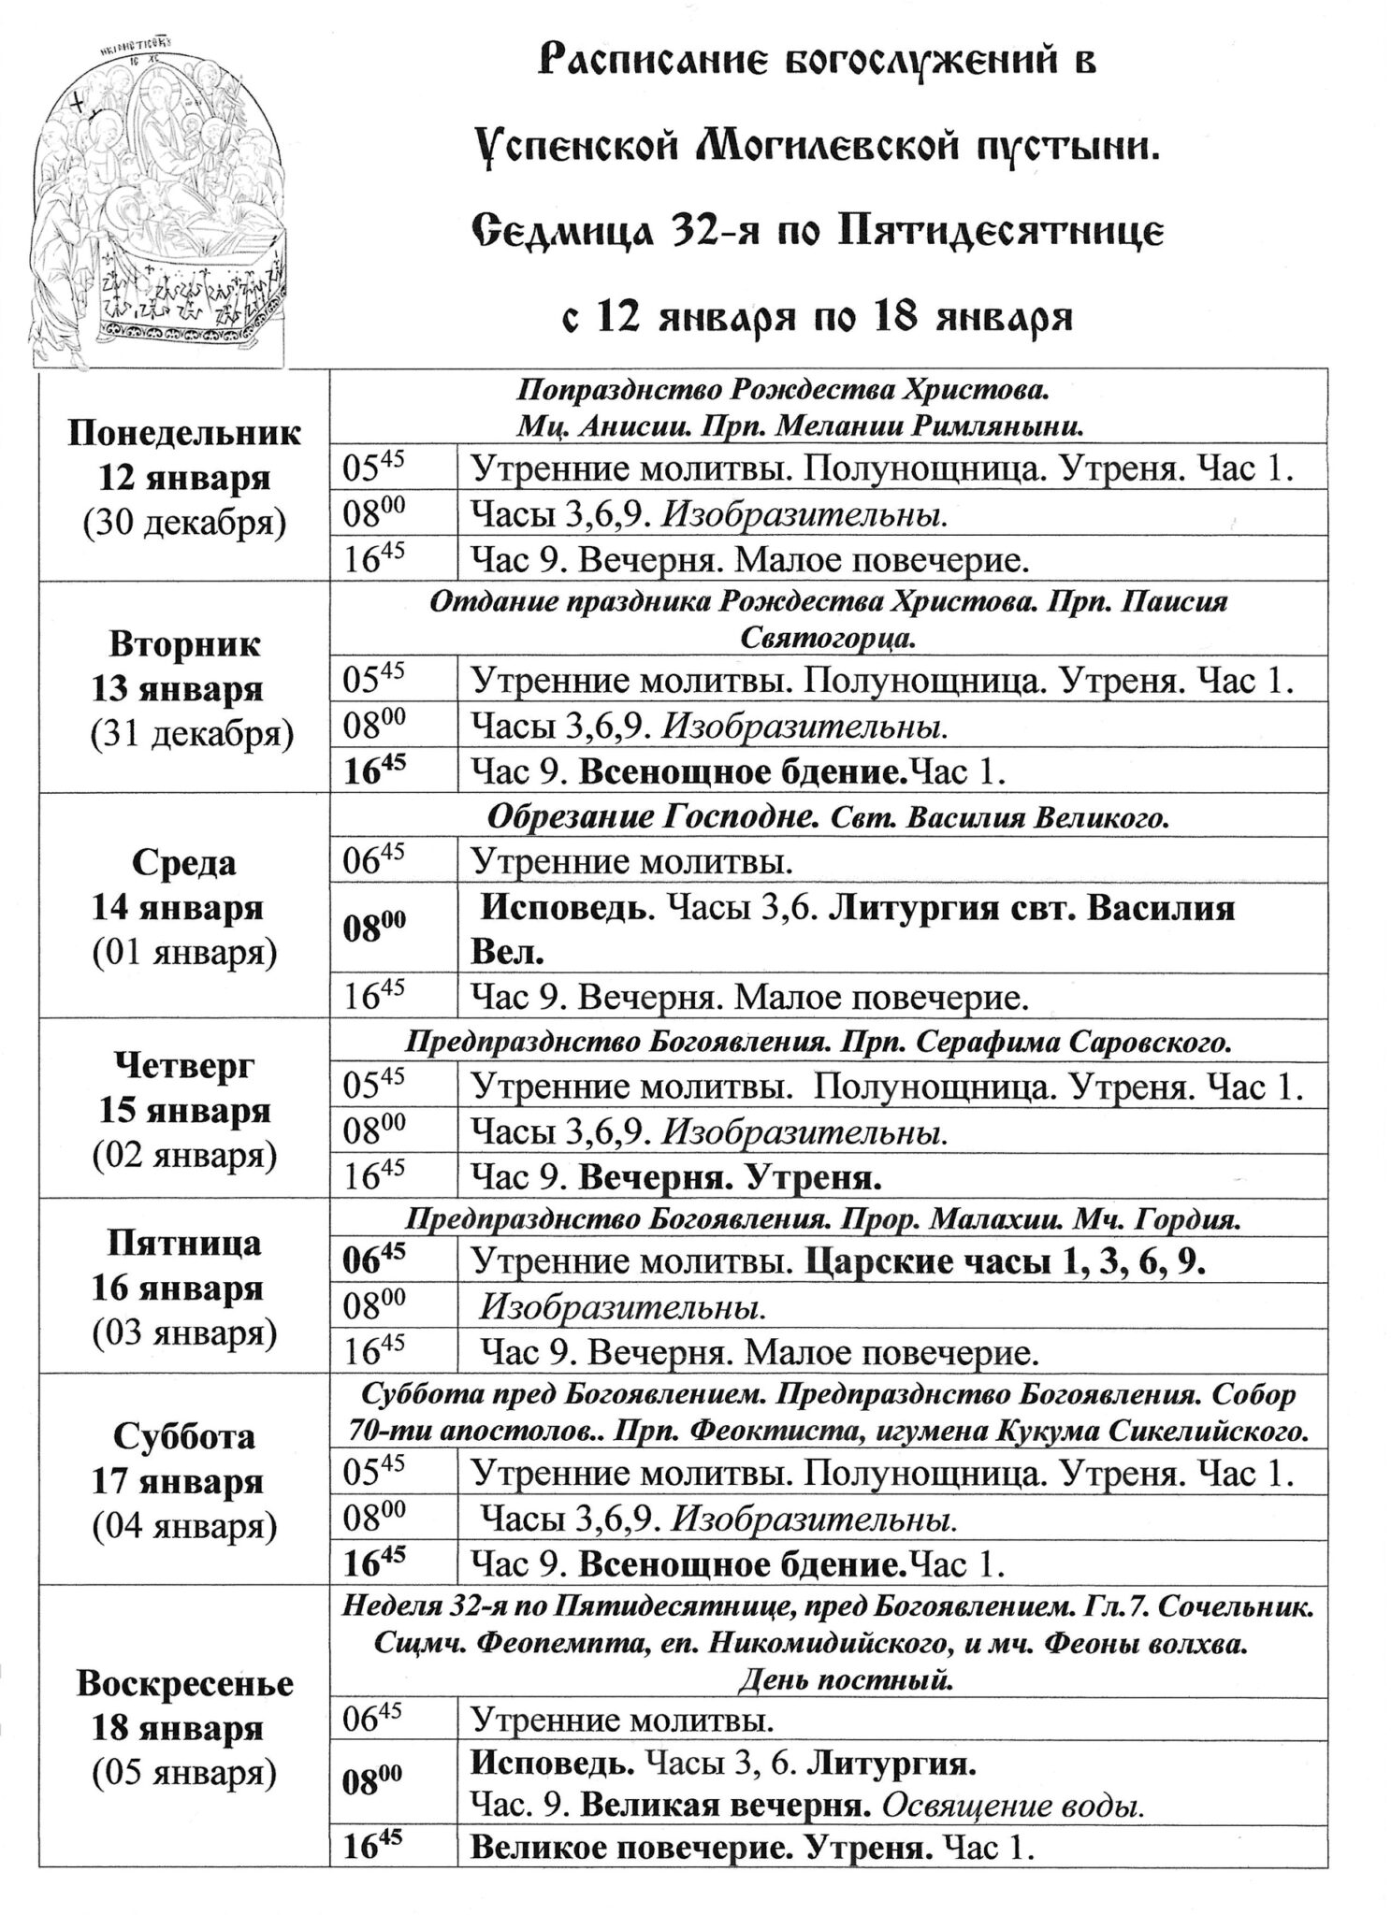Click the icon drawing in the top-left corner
162,196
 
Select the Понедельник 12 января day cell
184,477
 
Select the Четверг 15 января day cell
184,1109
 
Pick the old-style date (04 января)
184,1527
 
